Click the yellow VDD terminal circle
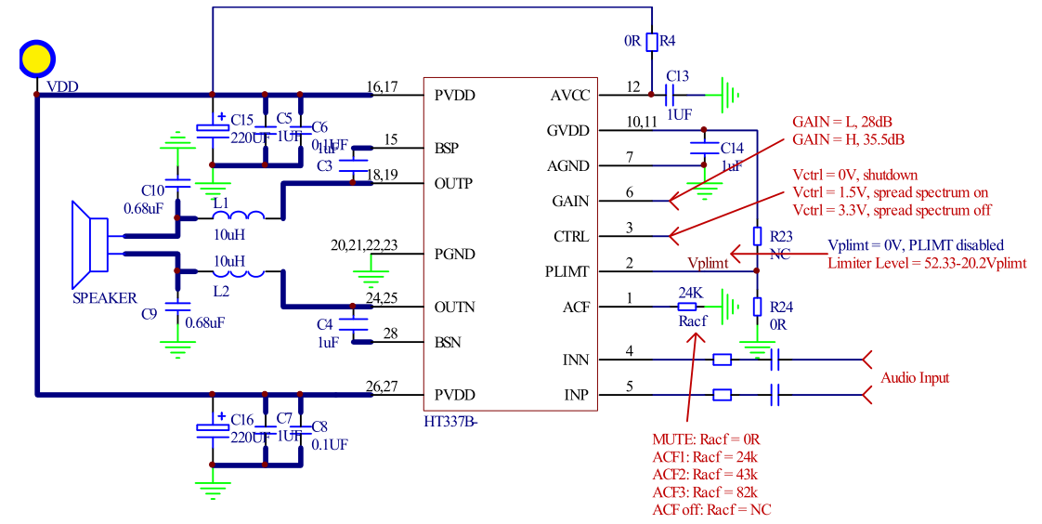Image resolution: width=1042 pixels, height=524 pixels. click(x=36, y=59)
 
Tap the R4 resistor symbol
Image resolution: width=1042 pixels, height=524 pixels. click(x=652, y=42)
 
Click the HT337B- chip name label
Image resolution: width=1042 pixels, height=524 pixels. click(x=450, y=423)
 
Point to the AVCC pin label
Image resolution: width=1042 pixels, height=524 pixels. click(x=569, y=95)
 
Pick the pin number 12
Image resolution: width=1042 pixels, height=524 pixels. click(x=633, y=87)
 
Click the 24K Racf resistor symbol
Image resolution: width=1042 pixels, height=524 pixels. click(x=687, y=307)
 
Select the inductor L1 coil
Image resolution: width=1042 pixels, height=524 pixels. click(x=241, y=217)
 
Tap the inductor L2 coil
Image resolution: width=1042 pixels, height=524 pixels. click(x=241, y=273)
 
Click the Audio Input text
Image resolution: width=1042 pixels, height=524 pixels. click(x=915, y=378)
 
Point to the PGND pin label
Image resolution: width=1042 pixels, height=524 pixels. click(x=455, y=255)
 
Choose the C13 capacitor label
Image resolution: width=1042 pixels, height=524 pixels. click(x=678, y=76)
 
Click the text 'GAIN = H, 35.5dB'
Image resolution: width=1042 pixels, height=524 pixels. click(x=848, y=139)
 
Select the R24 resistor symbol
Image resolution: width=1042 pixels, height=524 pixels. click(x=758, y=307)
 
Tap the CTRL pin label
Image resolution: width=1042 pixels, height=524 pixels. click(x=570, y=237)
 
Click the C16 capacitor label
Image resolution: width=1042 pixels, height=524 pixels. click(x=242, y=420)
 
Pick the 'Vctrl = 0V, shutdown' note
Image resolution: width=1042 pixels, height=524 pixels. click(x=854, y=175)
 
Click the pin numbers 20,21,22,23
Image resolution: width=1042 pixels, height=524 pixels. click(x=364, y=246)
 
